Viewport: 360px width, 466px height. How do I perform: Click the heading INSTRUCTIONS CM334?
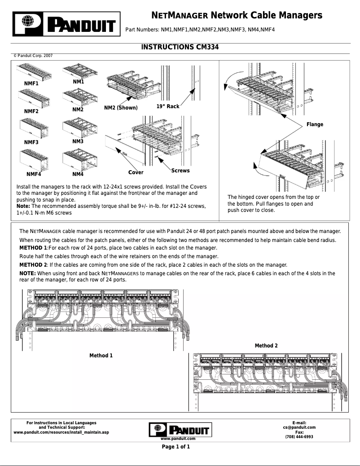(180, 47)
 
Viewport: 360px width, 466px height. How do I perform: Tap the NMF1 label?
(31, 84)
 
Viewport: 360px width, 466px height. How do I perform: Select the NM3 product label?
(78, 141)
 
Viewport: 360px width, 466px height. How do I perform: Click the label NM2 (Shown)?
(121, 108)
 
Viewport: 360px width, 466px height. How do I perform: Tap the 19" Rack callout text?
(168, 106)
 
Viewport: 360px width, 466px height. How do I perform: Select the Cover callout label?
(136, 172)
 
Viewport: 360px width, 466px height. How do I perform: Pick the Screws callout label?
(180, 171)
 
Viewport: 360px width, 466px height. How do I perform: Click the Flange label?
(314, 124)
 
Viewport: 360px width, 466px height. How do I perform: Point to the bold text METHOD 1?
(33, 248)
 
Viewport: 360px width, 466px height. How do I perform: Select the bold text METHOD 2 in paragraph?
(33, 264)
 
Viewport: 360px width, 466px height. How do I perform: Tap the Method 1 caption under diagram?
(101, 356)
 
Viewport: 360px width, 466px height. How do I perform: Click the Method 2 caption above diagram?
(266, 346)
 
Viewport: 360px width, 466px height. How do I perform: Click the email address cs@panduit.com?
(299, 428)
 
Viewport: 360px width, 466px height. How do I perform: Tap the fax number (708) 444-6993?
(299, 437)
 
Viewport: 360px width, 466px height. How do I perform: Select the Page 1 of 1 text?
(176, 447)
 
